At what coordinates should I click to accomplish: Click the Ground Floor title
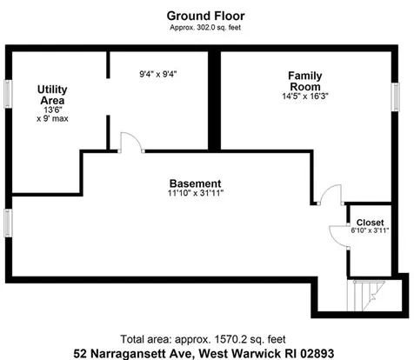click(x=205, y=16)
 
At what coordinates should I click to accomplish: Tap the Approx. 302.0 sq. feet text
click(x=205, y=28)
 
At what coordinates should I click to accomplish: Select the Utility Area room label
click(x=52, y=95)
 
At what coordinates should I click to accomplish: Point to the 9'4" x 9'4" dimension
click(x=158, y=74)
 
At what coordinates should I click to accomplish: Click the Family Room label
click(x=305, y=81)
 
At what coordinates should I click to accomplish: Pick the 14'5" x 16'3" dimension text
click(x=305, y=97)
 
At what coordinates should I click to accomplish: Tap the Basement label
click(x=195, y=183)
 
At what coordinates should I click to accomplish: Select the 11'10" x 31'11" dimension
click(x=196, y=193)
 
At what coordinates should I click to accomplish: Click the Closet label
click(x=370, y=223)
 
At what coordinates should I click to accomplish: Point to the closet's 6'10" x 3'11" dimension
click(x=370, y=230)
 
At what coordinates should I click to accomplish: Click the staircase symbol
click(x=366, y=295)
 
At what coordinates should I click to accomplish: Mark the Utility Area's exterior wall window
click(x=8, y=94)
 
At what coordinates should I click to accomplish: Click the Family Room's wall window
click(x=395, y=97)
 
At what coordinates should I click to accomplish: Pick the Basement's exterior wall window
click(x=8, y=223)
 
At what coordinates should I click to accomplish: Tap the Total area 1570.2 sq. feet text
click(x=203, y=339)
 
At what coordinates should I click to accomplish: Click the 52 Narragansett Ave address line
click(x=204, y=353)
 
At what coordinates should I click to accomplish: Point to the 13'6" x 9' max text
click(x=52, y=114)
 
